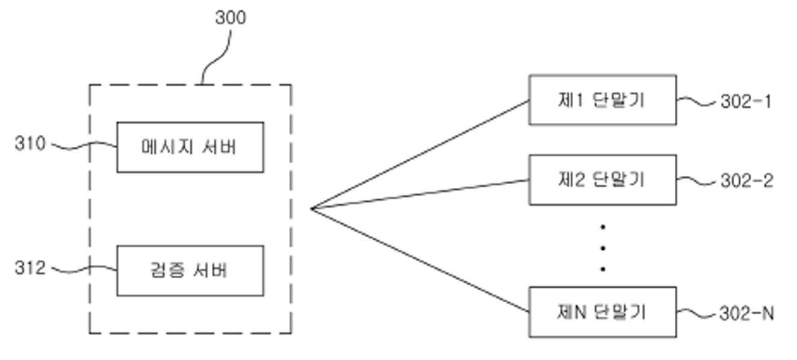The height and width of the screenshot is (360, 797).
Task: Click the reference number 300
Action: tap(231, 18)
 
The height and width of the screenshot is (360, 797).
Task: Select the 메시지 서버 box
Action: tap(190, 147)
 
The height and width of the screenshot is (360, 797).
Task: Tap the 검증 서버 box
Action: tap(190, 271)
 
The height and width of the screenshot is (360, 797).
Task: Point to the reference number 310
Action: tap(30, 144)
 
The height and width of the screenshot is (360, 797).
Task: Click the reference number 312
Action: tap(30, 268)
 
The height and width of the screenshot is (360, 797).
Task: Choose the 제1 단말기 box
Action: tap(602, 100)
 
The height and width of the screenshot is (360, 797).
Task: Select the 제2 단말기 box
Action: tap(602, 180)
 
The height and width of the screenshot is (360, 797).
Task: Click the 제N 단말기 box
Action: tap(602, 312)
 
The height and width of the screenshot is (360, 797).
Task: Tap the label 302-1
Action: tap(746, 102)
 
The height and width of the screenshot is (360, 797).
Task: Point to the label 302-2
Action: tap(746, 181)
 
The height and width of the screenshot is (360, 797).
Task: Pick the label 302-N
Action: tap(746, 314)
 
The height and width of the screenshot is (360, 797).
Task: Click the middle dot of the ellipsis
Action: tap(603, 248)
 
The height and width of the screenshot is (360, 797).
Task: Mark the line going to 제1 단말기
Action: tap(421, 155)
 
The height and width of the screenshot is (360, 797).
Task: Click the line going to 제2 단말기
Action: tap(421, 194)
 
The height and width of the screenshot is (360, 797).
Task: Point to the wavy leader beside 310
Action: tap(81, 146)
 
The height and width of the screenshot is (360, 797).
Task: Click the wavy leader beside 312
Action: tap(81, 269)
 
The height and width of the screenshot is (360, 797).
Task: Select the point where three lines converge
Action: tap(312, 209)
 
